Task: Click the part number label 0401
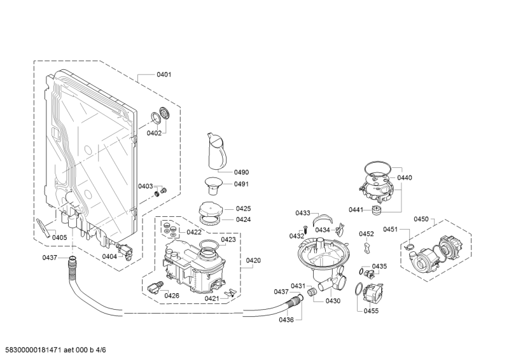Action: tap(164, 74)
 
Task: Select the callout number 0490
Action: tap(242, 172)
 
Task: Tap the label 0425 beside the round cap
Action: tap(243, 209)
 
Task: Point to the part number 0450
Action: tap(421, 219)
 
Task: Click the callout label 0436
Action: tap(286, 320)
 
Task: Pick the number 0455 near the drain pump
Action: tap(371, 311)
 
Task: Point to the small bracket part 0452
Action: tap(367, 247)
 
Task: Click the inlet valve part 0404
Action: tap(125, 250)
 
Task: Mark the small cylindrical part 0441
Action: tap(377, 210)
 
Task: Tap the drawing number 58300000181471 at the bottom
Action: tap(34, 350)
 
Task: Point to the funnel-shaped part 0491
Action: tap(213, 186)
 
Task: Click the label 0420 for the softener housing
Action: tap(253, 260)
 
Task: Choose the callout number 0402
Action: tap(154, 133)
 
